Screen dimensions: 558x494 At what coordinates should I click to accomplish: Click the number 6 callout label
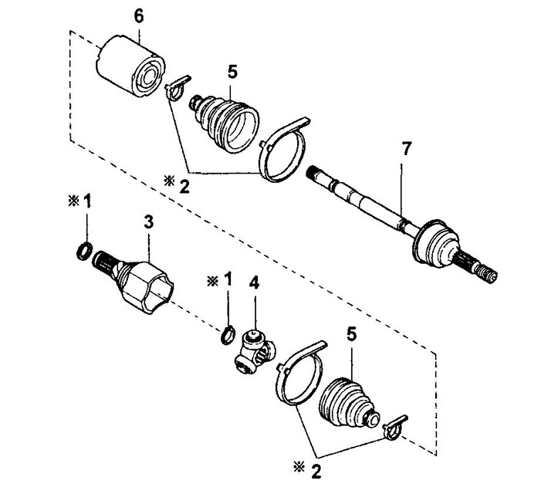[x=138, y=17]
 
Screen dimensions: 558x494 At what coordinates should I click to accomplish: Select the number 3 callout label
[x=149, y=222]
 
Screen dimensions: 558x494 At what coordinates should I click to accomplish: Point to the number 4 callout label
[x=255, y=283]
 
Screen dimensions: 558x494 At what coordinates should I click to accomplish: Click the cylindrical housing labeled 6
[x=130, y=66]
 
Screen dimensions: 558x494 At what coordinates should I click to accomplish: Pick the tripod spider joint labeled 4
[x=255, y=352]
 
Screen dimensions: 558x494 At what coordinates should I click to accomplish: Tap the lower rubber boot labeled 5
[x=350, y=403]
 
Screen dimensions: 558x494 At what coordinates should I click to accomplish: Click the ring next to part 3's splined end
[x=85, y=251]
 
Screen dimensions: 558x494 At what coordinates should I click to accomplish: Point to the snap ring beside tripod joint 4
[x=228, y=335]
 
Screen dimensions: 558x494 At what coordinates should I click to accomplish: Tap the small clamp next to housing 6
[x=176, y=89]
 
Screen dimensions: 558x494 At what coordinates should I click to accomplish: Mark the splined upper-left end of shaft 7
[x=316, y=174]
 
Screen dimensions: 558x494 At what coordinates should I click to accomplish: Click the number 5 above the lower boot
[x=351, y=334]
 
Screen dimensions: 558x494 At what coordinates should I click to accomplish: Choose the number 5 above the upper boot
[x=232, y=72]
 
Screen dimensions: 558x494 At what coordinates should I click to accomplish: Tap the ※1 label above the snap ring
[x=219, y=279]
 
